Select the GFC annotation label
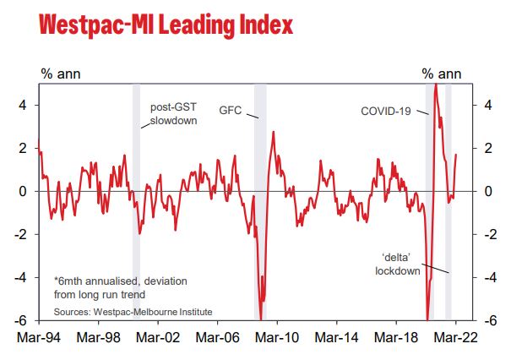tap(232, 111)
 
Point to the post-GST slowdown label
tap(174, 114)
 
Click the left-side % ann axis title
tap(58, 74)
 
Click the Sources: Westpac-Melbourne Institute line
tap(133, 312)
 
